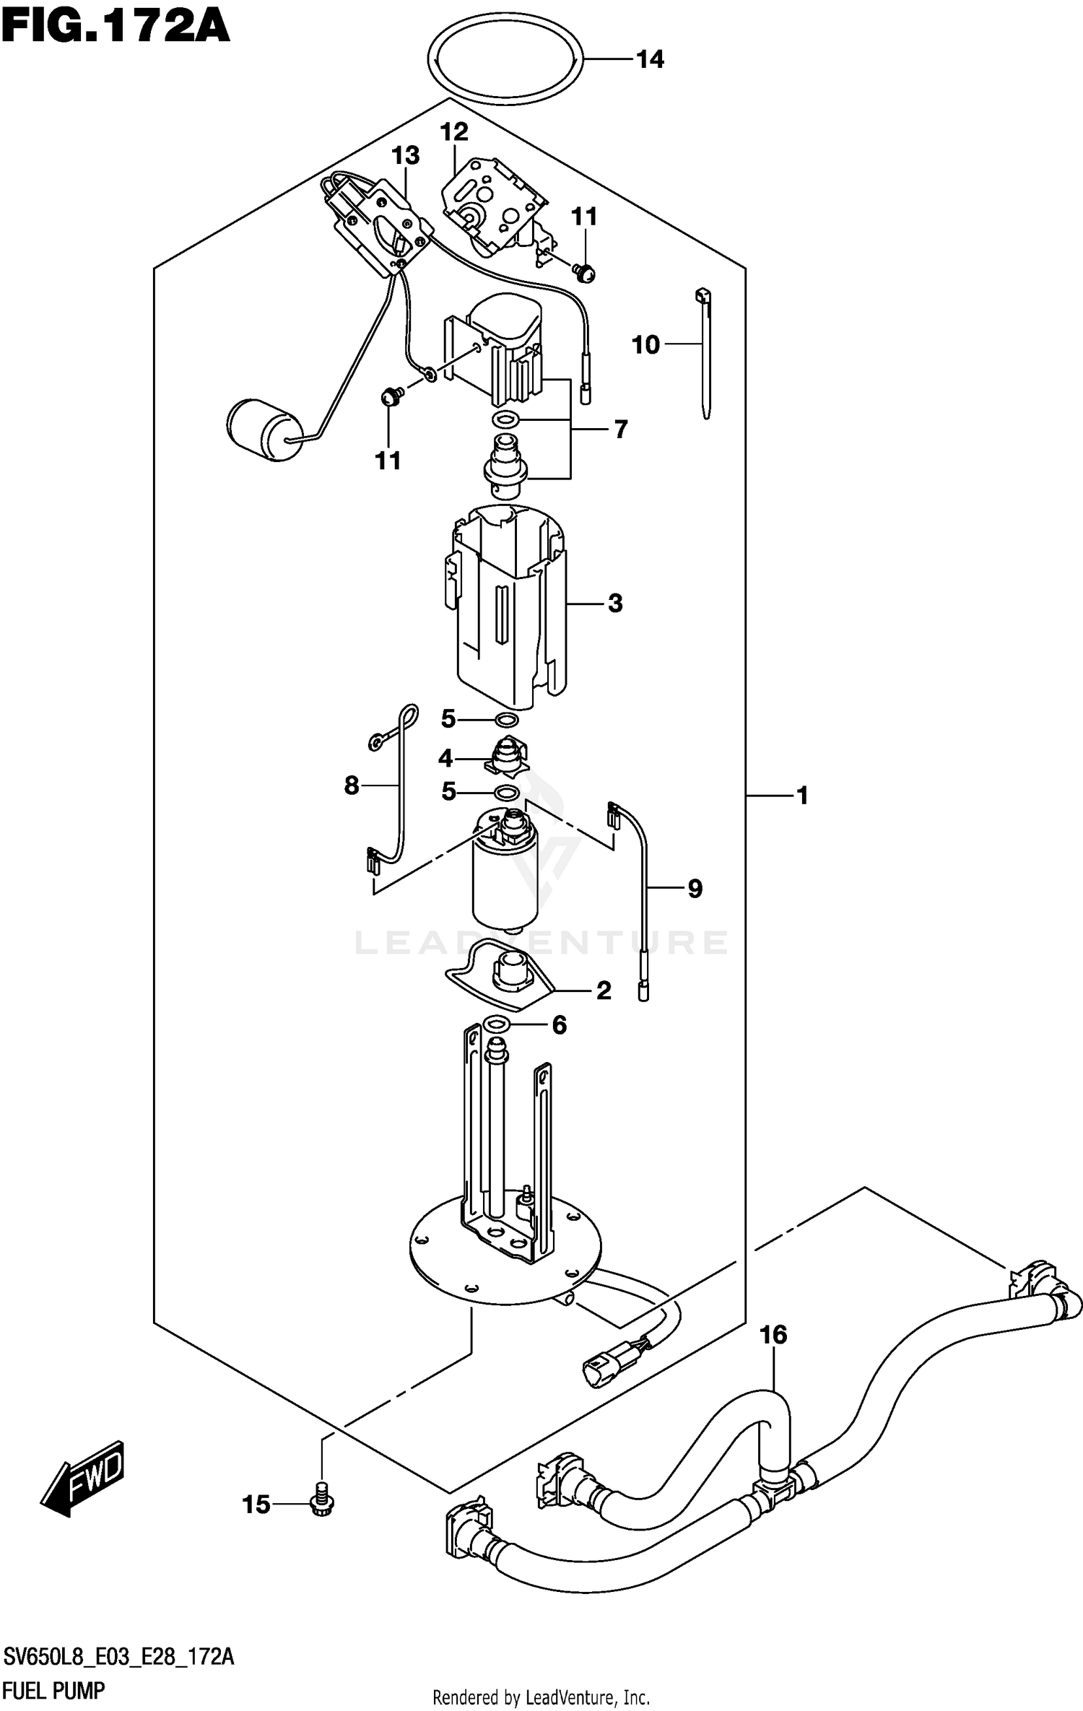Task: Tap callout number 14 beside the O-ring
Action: (650, 59)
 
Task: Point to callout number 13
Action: (405, 155)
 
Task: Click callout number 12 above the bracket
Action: (454, 131)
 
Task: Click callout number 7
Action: (620, 430)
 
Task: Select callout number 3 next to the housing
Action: (615, 603)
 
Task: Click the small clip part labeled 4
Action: (508, 757)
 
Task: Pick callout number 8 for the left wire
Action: (352, 785)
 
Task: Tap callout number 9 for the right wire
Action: (695, 888)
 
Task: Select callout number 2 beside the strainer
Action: (604, 990)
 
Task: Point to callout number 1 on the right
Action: (801, 796)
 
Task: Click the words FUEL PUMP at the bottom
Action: (54, 1690)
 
